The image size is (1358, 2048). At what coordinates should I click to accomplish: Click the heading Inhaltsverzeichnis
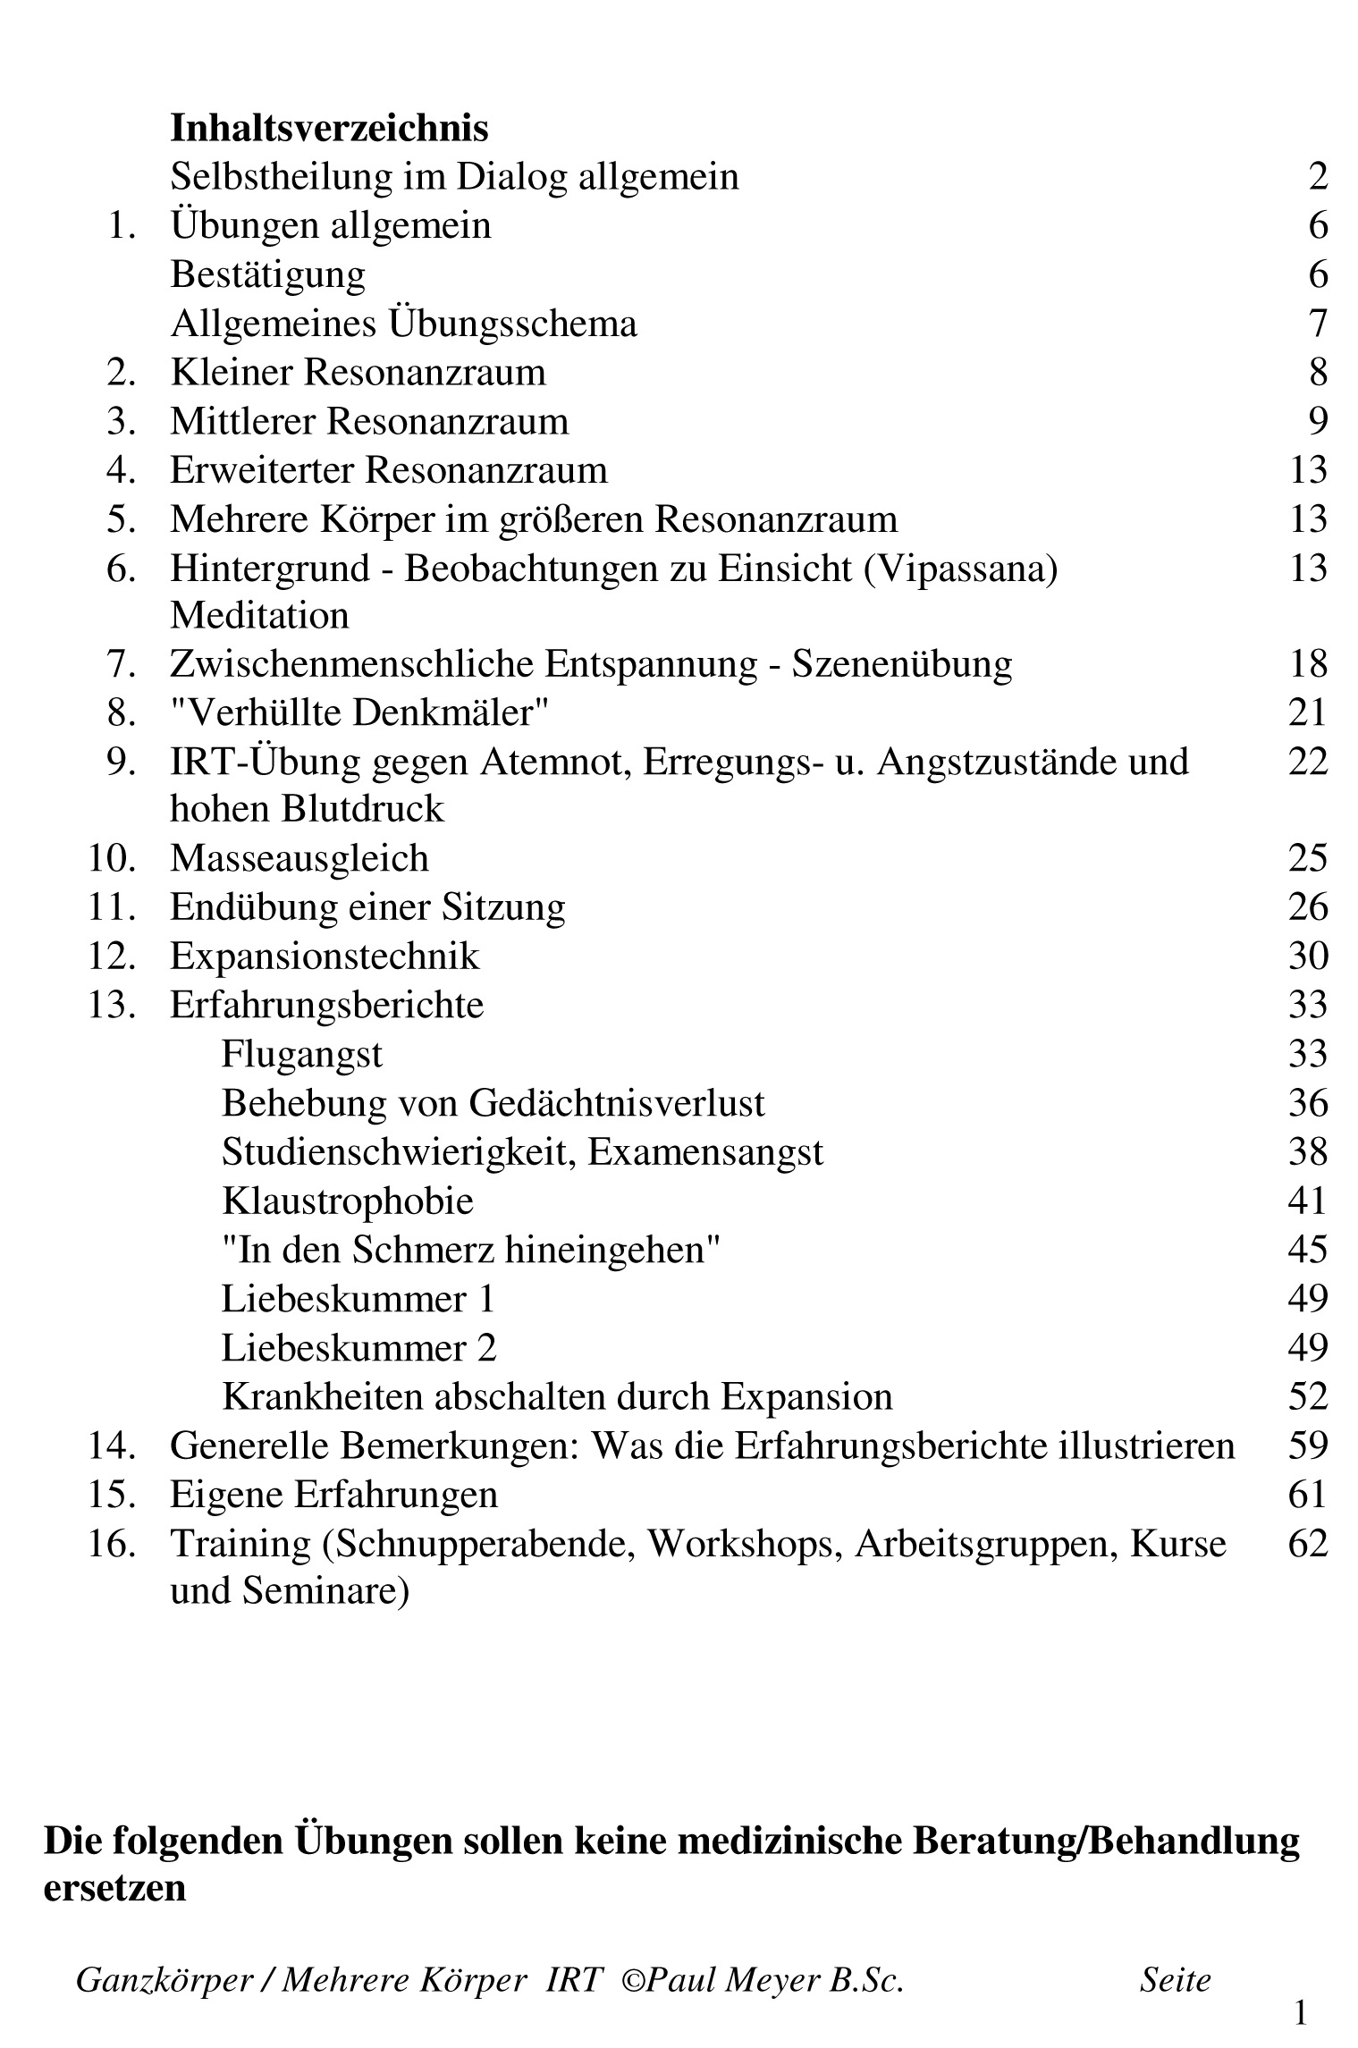coord(329,128)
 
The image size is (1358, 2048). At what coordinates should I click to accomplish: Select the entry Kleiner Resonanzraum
coord(358,372)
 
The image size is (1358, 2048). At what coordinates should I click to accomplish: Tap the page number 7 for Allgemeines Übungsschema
coord(1318,323)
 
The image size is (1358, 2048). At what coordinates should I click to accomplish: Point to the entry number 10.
coord(111,858)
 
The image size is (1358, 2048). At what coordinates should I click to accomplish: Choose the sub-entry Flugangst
coord(301,1054)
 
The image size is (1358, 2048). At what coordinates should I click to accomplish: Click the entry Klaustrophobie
coord(347,1201)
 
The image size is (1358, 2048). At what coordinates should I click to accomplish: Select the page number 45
coord(1307,1250)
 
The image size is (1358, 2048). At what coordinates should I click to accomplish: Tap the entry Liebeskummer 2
coord(358,1347)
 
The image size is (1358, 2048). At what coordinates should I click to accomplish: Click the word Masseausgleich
coord(299,858)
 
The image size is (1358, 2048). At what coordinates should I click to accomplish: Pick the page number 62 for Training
coord(1307,1543)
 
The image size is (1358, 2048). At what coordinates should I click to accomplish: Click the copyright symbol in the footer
coord(632,1981)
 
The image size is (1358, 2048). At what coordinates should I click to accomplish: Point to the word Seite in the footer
coord(1175,1980)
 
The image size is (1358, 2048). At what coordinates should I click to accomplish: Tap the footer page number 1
coord(1301,2014)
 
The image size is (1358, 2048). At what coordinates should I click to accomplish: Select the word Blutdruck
coord(362,809)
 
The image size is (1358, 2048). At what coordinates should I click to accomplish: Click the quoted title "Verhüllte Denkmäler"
coord(358,712)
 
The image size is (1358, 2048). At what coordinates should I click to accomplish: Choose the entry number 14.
coord(111,1445)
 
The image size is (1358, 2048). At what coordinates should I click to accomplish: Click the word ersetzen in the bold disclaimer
coord(114,1888)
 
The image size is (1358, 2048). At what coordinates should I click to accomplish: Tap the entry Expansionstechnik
coord(325,957)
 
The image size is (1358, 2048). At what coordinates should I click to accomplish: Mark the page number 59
coord(1307,1445)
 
